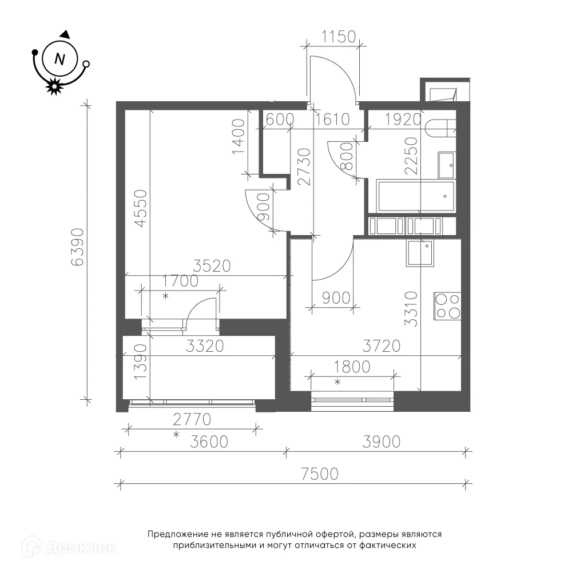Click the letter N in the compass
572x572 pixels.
[59, 59]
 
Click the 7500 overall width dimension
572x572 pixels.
[320, 474]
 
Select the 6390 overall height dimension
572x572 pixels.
[78, 247]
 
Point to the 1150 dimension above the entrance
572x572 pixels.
[339, 37]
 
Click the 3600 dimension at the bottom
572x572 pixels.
[209, 442]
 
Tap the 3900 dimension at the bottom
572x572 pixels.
[382, 442]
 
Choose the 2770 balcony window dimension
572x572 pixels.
[192, 419]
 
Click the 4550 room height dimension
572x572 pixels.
[141, 208]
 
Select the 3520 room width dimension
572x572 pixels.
[212, 266]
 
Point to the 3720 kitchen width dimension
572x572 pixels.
[382, 346]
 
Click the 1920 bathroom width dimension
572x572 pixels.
[403, 120]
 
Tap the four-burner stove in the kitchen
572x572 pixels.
[447, 306]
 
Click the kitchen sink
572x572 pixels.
[420, 253]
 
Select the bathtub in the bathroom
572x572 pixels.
[416, 196]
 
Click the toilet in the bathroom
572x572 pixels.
[440, 128]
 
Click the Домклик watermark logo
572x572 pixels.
[69, 547]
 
